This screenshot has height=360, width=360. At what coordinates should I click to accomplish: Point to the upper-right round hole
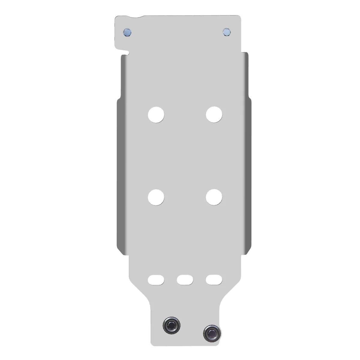(214, 114)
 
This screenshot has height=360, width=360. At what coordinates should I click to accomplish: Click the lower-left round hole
(156, 197)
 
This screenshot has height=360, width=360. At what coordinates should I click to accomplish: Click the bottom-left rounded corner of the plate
(152, 342)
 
